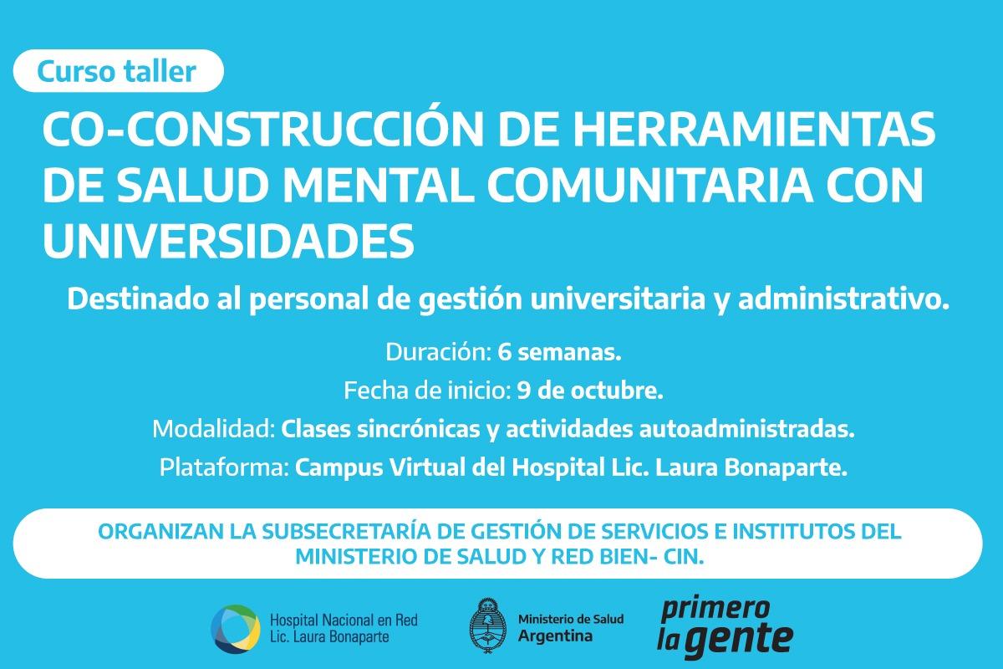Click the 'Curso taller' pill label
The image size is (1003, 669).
[118, 71]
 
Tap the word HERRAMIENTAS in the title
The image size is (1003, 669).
[755, 129]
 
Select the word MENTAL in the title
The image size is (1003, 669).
[379, 185]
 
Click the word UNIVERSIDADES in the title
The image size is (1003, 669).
[228, 241]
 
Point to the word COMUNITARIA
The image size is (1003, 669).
[649, 185]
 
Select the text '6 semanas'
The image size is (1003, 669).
[559, 353]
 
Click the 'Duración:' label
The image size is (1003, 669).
[439, 353]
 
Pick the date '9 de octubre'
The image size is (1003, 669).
[590, 391]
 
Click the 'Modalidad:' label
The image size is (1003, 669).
[214, 429]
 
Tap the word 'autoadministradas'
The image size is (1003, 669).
[746, 429]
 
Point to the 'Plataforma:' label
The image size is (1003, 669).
[223, 467]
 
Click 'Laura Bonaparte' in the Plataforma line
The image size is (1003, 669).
[751, 467]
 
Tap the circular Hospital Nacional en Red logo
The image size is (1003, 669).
[236, 629]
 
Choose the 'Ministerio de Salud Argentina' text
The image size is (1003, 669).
[571, 628]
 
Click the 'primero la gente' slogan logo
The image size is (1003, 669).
[725, 627]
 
